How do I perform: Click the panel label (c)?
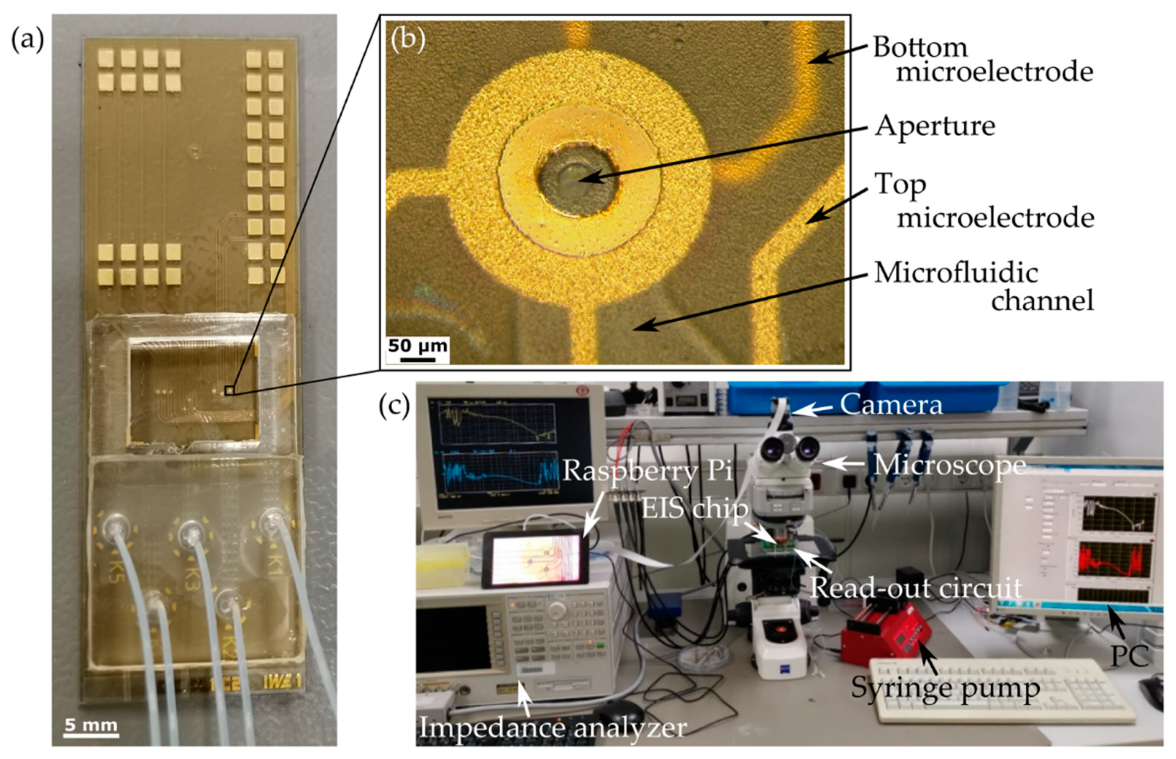[394, 405]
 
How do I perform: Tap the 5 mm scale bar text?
[91, 725]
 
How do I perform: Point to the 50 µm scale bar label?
[417, 346]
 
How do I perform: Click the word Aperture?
[935, 126]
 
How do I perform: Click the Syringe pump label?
[945, 688]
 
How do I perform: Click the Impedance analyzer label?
[552, 728]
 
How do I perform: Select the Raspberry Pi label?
[647, 470]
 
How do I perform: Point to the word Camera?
[891, 405]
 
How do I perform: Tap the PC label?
[1129, 656]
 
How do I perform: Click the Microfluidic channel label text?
[984, 286]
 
